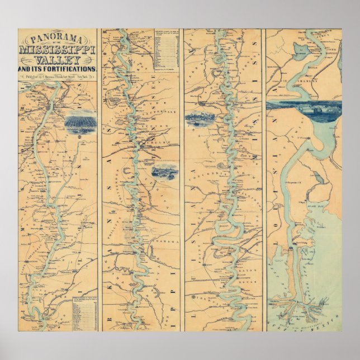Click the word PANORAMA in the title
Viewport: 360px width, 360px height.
tap(58, 39)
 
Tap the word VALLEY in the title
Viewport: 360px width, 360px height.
tap(58, 59)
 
